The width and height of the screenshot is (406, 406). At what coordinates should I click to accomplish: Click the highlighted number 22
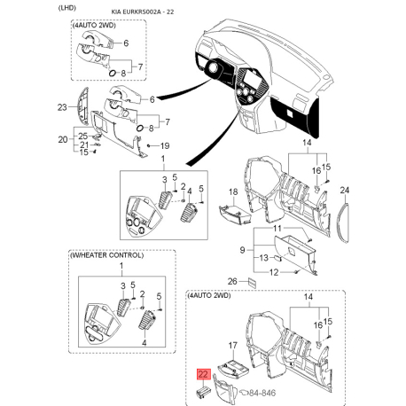[x=204, y=374]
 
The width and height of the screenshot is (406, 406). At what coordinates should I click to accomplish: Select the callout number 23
[x=62, y=107]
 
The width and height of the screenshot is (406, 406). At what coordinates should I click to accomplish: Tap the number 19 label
[x=165, y=145]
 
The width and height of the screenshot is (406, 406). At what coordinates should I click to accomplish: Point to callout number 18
[x=233, y=191]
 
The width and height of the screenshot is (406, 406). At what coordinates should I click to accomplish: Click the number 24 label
[x=345, y=190]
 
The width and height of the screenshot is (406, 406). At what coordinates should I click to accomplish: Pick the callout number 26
[x=232, y=281]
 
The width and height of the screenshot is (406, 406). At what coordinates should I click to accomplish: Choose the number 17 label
[x=233, y=345]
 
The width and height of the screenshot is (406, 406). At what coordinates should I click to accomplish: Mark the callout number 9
[x=242, y=250]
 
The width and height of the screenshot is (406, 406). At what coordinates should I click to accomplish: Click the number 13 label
[x=263, y=258]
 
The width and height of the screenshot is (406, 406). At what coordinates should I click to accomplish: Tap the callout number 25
[x=83, y=136]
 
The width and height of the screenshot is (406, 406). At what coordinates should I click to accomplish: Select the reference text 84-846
[x=262, y=393]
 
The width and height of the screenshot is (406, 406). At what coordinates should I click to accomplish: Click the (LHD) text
[x=67, y=8]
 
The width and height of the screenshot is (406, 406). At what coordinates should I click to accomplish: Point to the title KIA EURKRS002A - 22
[x=143, y=12]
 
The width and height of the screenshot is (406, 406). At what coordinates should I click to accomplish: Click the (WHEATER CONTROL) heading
[x=106, y=255]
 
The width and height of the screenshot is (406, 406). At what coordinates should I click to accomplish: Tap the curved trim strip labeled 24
[x=344, y=222]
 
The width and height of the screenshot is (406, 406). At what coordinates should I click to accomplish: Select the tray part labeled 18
[x=235, y=214]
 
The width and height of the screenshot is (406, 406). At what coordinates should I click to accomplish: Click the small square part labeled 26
[x=252, y=282]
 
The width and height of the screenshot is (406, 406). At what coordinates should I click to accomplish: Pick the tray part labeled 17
[x=233, y=367]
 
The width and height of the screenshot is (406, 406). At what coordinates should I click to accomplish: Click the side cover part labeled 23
[x=83, y=105]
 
